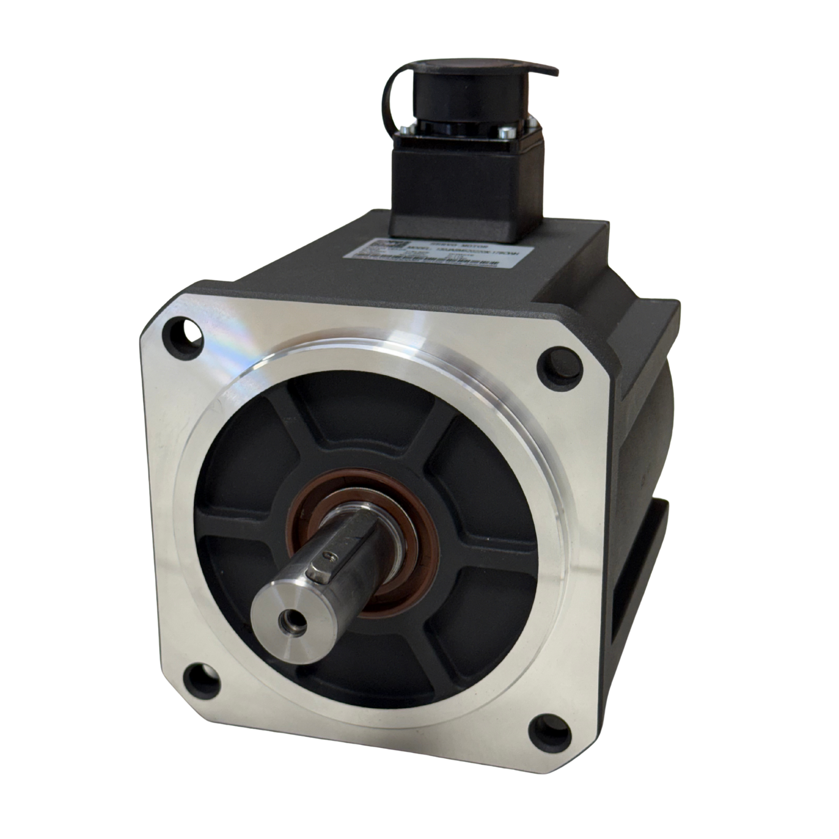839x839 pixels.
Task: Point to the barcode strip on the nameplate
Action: click(x=426, y=261)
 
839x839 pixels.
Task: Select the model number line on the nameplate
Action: click(x=465, y=251)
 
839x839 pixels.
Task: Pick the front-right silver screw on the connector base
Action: click(x=506, y=134)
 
